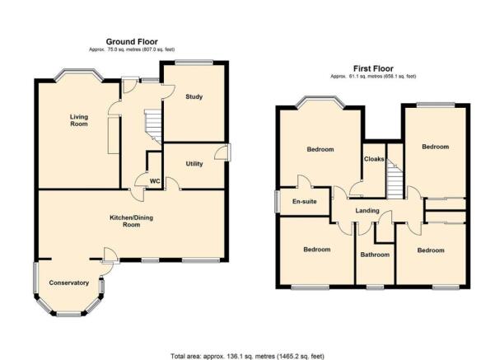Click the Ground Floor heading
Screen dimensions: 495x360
(x=132, y=42)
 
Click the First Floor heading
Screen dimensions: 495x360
(x=373, y=68)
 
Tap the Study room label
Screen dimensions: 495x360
(x=194, y=96)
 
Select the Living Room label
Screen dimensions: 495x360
(x=79, y=120)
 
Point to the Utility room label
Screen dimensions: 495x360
(x=194, y=164)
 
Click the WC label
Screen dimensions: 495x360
(x=155, y=181)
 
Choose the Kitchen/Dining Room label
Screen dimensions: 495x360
(x=131, y=221)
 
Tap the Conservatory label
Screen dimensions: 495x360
(x=69, y=283)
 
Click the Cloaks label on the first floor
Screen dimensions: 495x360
(x=374, y=159)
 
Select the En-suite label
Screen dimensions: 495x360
(x=304, y=202)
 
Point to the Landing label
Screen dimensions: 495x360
(x=367, y=211)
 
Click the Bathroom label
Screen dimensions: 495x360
(x=375, y=255)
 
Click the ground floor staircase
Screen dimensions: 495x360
(x=153, y=127)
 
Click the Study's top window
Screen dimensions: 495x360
(x=194, y=63)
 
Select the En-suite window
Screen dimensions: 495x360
(x=277, y=202)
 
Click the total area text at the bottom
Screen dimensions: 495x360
(x=247, y=356)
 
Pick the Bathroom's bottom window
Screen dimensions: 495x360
(x=376, y=287)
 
